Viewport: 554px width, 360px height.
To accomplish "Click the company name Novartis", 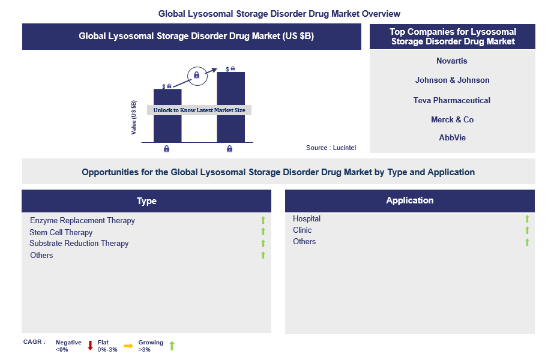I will [x=452, y=61].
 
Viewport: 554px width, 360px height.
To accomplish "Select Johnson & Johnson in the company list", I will [x=452, y=80].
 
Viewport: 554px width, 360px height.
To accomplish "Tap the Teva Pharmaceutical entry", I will [x=452, y=100].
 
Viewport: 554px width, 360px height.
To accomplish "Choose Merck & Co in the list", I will [x=452, y=119].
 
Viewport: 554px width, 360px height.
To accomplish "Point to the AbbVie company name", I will [x=452, y=137].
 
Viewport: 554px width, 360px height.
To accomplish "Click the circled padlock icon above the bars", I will [x=196, y=76].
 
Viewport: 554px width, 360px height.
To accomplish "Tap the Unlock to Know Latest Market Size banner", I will [x=199, y=110].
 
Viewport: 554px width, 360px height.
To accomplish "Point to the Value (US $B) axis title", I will [x=134, y=117].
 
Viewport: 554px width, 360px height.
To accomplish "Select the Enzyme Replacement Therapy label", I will [x=82, y=221].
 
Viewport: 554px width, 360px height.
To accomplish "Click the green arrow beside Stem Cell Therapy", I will [x=263, y=232].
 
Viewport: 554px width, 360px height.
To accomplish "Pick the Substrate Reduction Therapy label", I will [x=79, y=244].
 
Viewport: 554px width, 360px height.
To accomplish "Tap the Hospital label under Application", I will [x=307, y=219].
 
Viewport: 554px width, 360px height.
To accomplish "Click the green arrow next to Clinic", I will [x=527, y=230].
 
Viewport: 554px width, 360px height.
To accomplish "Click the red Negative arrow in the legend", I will [x=90, y=346].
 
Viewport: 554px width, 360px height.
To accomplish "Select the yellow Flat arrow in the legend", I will [x=128, y=346].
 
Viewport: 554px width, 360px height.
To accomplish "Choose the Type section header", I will [x=146, y=201].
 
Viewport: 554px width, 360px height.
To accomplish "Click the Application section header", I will [x=409, y=200].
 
